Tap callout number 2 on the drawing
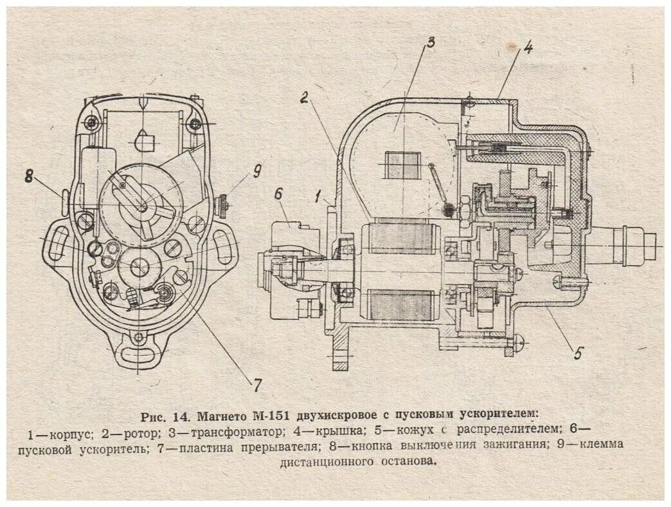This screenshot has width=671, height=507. pyautogui.click(x=305, y=98)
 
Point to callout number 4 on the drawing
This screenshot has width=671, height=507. pyautogui.click(x=526, y=49)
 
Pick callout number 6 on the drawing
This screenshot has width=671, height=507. pyautogui.click(x=278, y=194)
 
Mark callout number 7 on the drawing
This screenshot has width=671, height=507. pyautogui.click(x=256, y=385)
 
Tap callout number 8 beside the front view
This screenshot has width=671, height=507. pyautogui.click(x=29, y=176)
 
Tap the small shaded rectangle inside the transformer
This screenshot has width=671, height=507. pyautogui.click(x=402, y=165)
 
